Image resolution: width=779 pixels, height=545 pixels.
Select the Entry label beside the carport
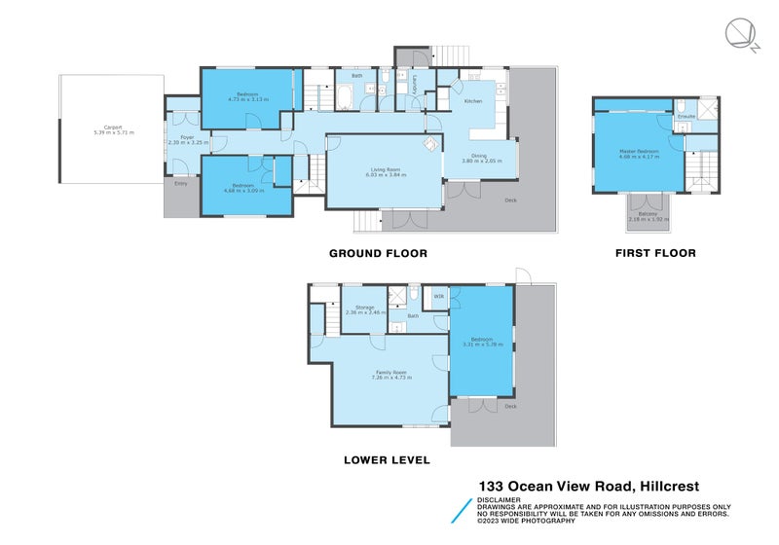tap(180, 183)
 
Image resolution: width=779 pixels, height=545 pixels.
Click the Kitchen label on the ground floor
tap(472, 101)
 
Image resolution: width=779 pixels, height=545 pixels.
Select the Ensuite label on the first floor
tap(686, 117)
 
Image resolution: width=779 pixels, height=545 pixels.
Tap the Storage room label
tap(365, 309)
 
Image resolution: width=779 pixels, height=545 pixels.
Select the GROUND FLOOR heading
tap(378, 253)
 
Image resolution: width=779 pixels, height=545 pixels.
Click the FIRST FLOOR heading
tap(654, 253)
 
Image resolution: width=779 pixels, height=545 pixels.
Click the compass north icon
tap(739, 36)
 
